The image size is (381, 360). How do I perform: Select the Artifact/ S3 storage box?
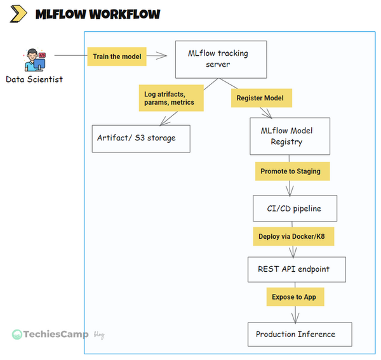(141, 137)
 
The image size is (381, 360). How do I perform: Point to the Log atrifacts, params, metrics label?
(169, 98)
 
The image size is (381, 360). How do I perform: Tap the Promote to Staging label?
(290, 171)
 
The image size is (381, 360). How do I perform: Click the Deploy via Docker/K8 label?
(292, 237)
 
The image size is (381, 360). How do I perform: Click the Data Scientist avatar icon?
(34, 60)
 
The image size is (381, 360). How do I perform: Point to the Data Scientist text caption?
(34, 79)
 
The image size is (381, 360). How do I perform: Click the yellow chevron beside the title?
(19, 13)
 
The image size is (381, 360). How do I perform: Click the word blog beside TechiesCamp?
(98, 335)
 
